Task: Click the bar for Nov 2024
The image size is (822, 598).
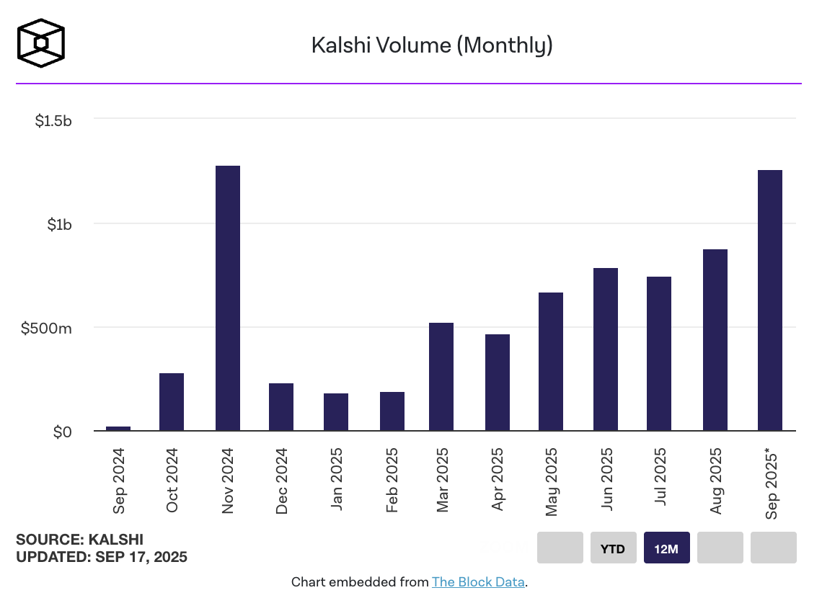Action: (228, 298)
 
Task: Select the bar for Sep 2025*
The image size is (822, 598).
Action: (770, 300)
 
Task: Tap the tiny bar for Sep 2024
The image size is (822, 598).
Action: (118, 429)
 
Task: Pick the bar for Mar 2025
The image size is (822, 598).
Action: (441, 377)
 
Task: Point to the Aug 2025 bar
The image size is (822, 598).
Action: (715, 340)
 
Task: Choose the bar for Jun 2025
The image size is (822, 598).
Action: (606, 349)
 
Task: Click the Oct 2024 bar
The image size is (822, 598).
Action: (172, 402)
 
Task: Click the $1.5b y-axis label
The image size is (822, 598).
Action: (53, 120)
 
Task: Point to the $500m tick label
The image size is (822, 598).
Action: (46, 329)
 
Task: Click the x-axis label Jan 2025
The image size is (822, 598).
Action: (337, 480)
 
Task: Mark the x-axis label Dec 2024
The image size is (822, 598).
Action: (282, 480)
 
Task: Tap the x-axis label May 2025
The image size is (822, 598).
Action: (552, 480)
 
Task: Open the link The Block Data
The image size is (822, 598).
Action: (478, 581)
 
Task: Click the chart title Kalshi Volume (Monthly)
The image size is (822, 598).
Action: (432, 45)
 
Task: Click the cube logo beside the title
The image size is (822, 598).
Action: (41, 43)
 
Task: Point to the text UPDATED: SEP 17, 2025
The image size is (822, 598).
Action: (102, 557)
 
